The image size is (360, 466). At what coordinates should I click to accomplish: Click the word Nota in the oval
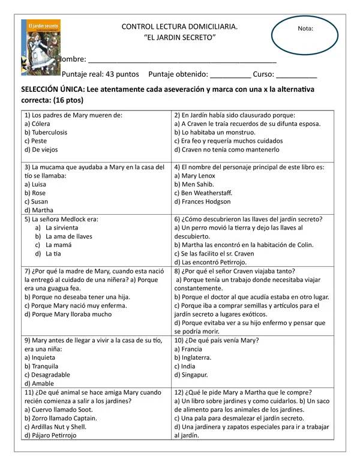[x=305, y=28]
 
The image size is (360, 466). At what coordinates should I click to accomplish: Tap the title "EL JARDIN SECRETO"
[x=180, y=38]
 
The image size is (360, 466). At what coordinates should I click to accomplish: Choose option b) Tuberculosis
[x=46, y=133]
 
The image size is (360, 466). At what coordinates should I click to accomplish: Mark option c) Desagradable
[x=47, y=375]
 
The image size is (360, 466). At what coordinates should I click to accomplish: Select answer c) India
[x=185, y=366]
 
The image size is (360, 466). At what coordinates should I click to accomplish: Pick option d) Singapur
[x=191, y=375]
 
